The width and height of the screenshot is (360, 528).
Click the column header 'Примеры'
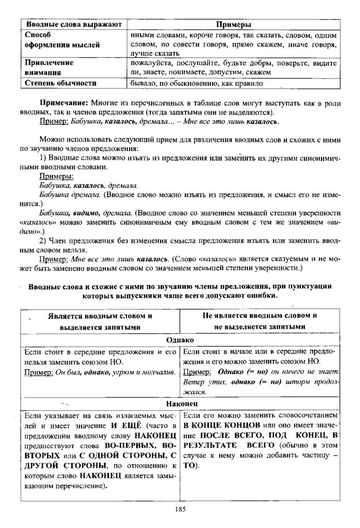[x=233, y=24]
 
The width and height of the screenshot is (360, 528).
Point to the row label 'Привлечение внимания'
[x=48, y=68]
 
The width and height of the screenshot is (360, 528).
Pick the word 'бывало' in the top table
[x=143, y=83]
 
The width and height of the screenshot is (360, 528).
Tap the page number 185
[x=180, y=509]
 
